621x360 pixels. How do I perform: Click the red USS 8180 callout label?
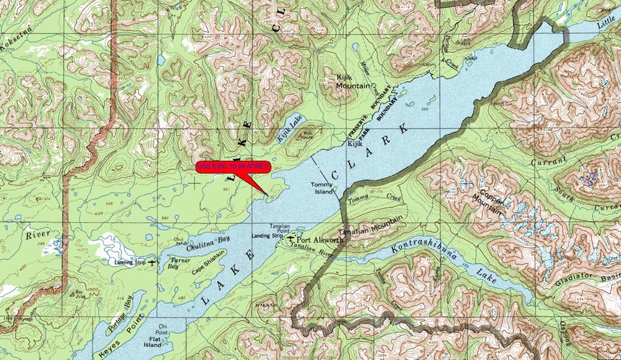[233, 167]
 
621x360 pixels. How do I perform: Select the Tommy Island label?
[322, 188]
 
